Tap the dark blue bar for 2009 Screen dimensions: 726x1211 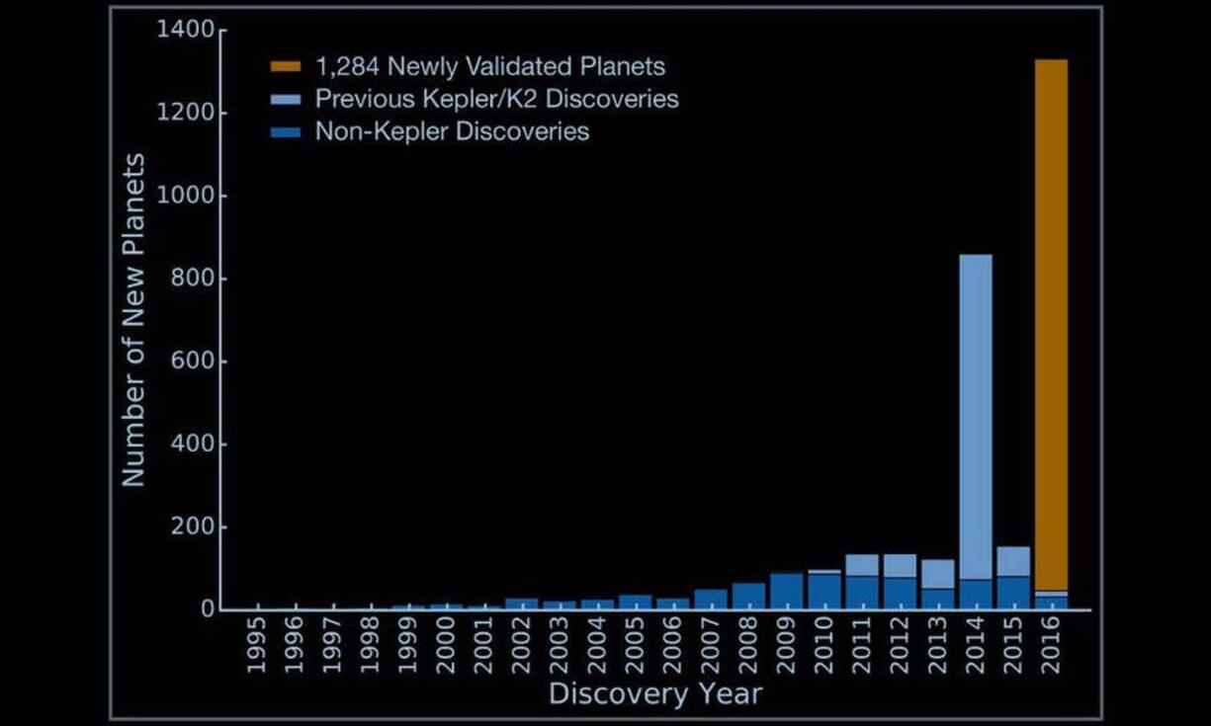tap(787, 592)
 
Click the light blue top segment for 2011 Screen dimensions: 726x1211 tap(862, 565)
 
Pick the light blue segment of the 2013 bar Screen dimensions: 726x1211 tap(937, 574)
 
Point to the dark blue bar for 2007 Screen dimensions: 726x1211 tap(711, 600)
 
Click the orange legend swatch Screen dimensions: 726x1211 tap(286, 67)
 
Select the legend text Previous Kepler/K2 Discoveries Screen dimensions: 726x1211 tap(496, 99)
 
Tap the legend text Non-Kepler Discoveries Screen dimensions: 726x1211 tap(452, 131)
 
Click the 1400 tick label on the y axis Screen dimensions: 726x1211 tap(185, 31)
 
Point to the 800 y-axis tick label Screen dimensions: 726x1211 tap(194, 280)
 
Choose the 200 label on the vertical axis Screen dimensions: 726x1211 tap(194, 527)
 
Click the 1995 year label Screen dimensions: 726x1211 tap(256, 646)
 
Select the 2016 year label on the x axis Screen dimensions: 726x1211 tap(1051, 646)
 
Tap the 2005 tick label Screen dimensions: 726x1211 tap(636, 646)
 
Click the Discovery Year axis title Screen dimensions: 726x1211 tap(654, 693)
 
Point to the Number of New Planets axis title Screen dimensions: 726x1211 tap(133, 319)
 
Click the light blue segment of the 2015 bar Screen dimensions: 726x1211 tap(1013, 561)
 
